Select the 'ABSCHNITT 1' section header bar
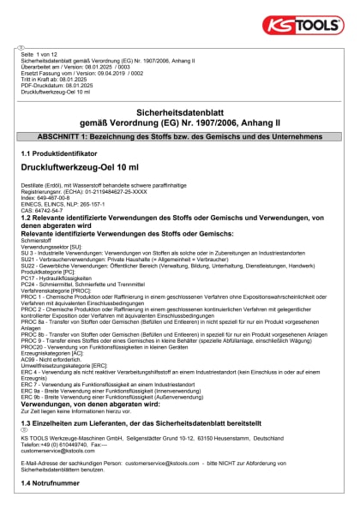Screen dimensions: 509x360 pyautogui.click(x=180, y=137)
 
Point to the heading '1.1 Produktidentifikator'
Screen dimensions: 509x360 pyautogui.click(x=60, y=153)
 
